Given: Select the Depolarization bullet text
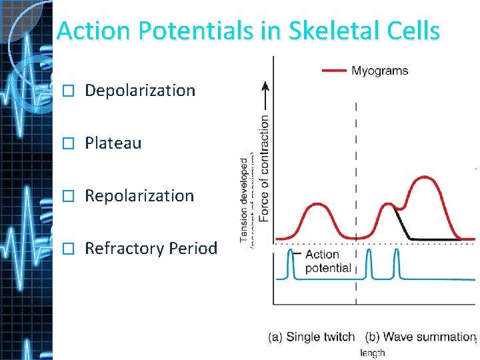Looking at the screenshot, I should click(x=140, y=91).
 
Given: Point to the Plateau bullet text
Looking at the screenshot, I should click(x=113, y=143).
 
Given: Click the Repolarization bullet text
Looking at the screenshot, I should click(x=139, y=196).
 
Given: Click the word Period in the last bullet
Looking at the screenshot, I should click(x=193, y=249).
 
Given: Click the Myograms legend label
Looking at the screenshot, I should click(x=379, y=71).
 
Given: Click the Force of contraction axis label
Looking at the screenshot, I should click(x=265, y=169).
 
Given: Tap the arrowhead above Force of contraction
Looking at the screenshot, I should click(x=265, y=85).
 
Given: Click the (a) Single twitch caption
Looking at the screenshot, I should click(x=311, y=337).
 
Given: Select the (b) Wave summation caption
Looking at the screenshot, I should click(x=420, y=337).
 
